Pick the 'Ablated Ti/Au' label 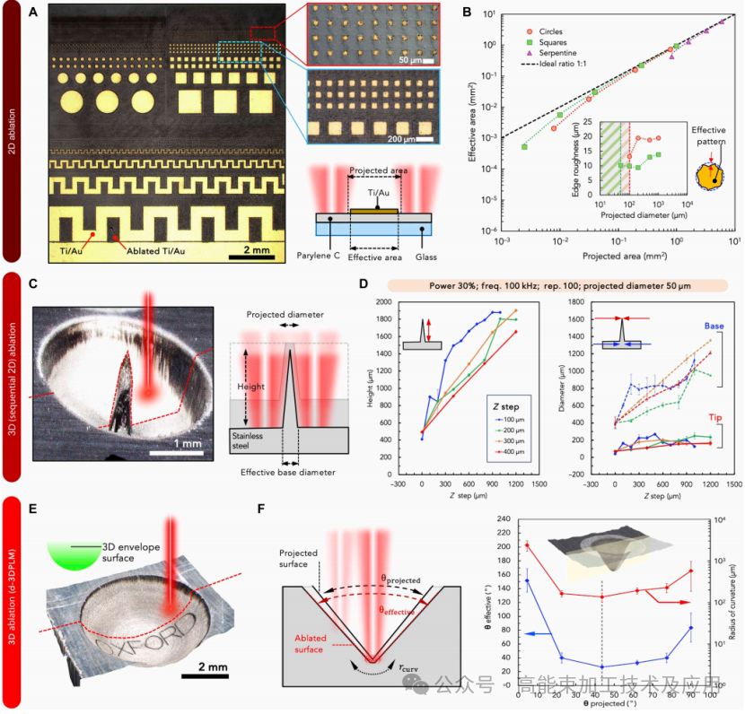(160, 250)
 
